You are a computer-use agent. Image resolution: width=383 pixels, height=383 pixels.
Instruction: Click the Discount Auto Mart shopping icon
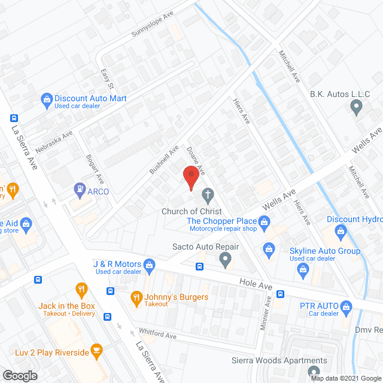(x=46, y=99)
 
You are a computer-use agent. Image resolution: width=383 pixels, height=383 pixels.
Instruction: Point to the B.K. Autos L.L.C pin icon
(x=357, y=108)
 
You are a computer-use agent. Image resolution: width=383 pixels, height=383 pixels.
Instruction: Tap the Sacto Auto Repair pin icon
(x=225, y=260)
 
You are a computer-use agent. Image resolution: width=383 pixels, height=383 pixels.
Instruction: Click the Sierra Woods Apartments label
(x=279, y=360)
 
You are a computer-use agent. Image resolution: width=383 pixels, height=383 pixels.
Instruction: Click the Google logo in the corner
(x=19, y=375)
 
